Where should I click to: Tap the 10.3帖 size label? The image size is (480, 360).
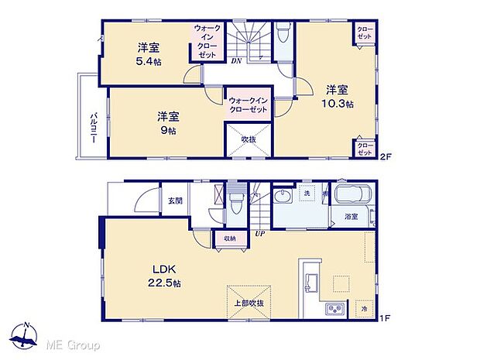tap(339, 103)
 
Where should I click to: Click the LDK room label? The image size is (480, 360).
tap(159, 269)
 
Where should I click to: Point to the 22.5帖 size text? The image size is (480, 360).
tap(165, 283)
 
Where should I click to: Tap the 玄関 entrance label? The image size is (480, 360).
tap(174, 201)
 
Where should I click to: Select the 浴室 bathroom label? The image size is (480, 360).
tap(351, 217)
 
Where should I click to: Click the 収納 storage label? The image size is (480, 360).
tap(230, 238)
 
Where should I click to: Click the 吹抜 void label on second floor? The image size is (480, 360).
tap(247, 139)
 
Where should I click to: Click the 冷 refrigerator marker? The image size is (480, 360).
tap(364, 310)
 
